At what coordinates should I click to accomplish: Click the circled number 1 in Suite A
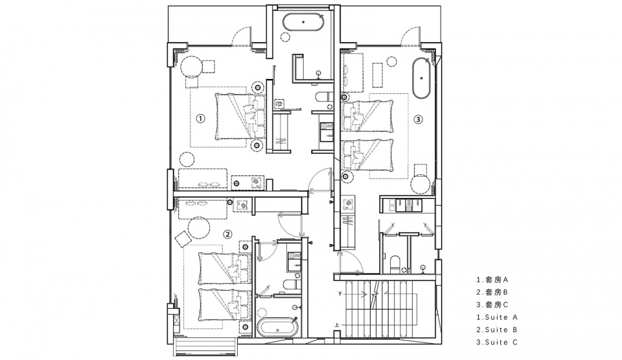tap(201, 118)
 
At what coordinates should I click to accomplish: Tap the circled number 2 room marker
tap(227, 234)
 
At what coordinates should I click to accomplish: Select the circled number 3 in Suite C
tap(418, 118)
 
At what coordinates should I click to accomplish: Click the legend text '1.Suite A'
tap(497, 317)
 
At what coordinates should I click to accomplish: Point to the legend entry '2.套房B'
tap(492, 292)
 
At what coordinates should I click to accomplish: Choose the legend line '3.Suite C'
tap(497, 342)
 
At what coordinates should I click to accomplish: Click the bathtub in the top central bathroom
tap(303, 22)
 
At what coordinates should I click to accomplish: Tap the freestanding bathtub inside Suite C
tap(422, 78)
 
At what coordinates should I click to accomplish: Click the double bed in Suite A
tap(240, 116)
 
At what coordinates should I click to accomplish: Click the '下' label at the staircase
tap(340, 294)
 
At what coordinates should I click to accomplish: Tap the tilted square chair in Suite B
tap(183, 239)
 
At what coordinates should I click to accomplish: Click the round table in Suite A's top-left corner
tap(192, 66)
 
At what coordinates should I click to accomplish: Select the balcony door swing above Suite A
tap(242, 36)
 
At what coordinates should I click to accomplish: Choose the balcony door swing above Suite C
tap(411, 36)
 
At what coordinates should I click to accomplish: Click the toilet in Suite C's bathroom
tap(395, 264)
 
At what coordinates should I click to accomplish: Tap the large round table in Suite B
tap(199, 227)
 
